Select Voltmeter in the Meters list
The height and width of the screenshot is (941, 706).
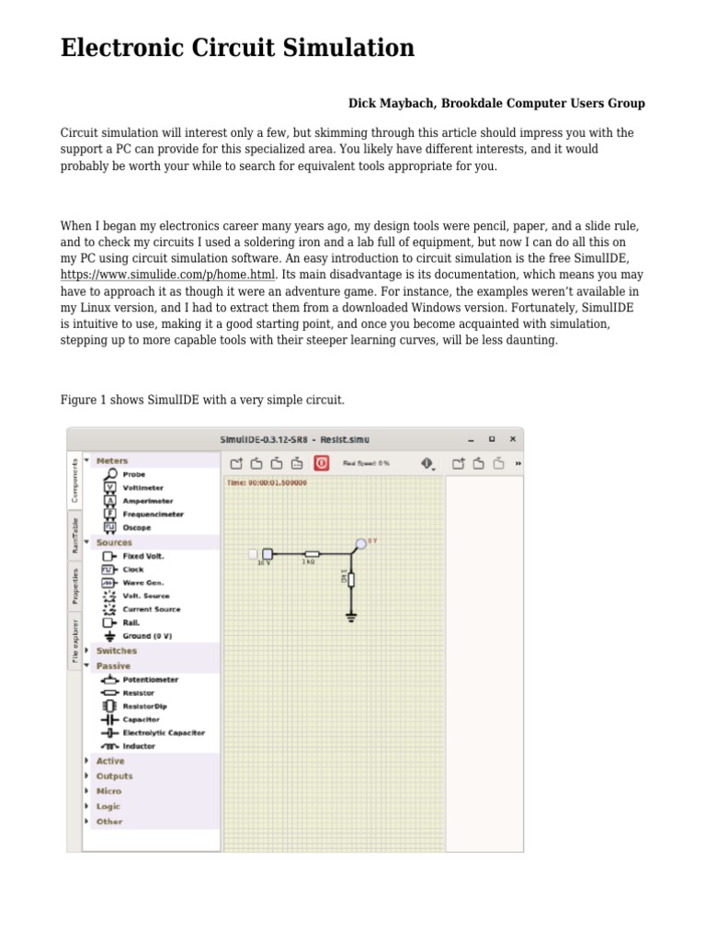tap(142, 488)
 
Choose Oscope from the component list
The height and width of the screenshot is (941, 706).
tap(136, 527)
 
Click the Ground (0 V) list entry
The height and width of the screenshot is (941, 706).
tap(147, 636)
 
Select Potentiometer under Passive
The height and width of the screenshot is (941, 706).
tap(150, 680)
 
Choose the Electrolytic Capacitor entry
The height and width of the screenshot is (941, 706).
tap(163, 732)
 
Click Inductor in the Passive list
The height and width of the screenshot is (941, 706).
tap(139, 746)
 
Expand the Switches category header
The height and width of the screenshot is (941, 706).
tap(116, 651)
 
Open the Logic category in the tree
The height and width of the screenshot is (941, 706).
tap(108, 806)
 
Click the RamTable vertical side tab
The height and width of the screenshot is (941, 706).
tap(74, 535)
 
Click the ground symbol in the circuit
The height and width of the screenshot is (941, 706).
tap(351, 616)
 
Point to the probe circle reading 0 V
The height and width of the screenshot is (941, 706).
tap(361, 544)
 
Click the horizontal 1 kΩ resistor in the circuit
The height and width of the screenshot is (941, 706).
tap(312, 554)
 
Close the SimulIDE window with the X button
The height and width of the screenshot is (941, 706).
tap(512, 439)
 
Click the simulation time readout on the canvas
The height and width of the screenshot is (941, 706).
tap(267, 482)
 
